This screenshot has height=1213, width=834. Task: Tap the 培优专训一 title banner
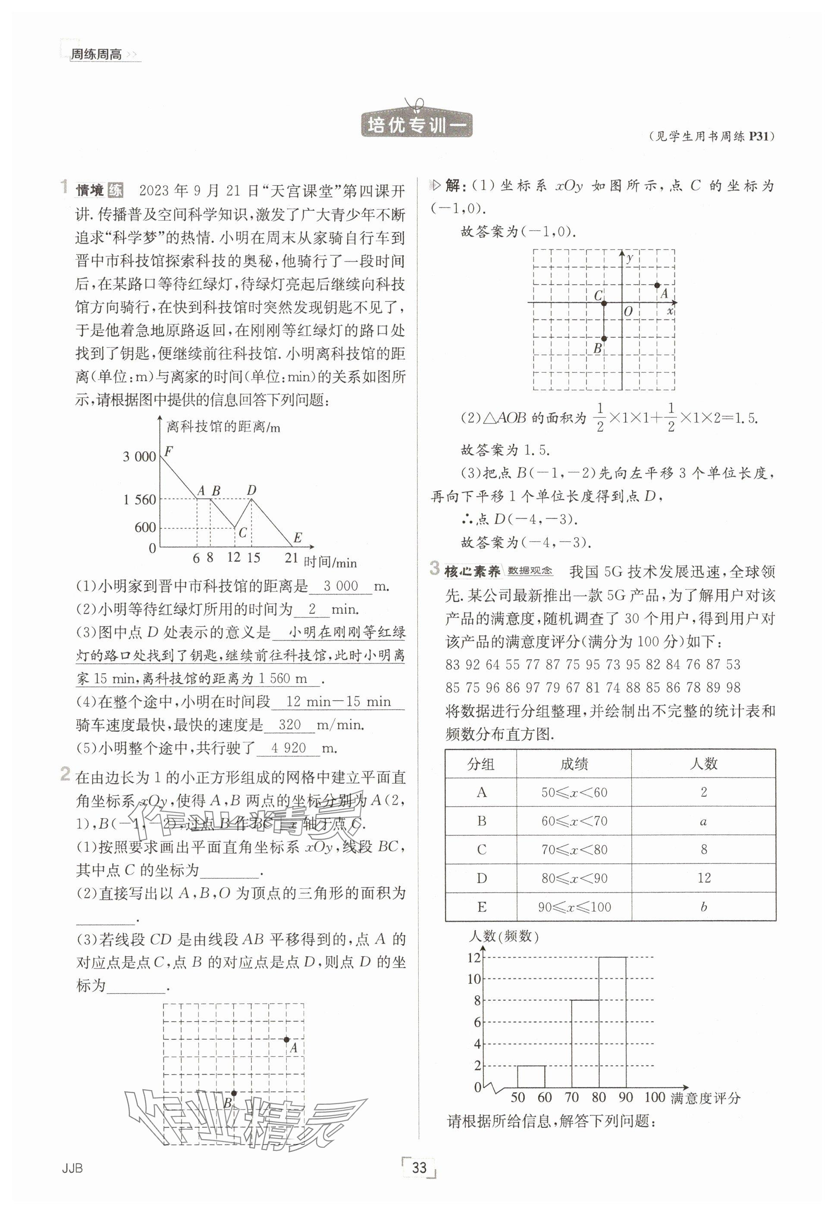(417, 125)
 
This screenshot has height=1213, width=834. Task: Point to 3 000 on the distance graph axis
(139, 457)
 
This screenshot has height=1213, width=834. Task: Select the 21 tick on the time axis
(291, 558)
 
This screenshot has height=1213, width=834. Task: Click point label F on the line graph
(168, 450)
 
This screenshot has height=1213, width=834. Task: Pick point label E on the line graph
(298, 538)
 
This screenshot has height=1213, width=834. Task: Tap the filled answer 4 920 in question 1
(288, 748)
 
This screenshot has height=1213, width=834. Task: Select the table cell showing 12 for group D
(703, 878)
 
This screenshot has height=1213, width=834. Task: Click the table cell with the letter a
(703, 821)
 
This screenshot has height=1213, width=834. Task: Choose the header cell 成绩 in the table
(574, 764)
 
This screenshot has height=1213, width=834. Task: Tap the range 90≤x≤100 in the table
(574, 907)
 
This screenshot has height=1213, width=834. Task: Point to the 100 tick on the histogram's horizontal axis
(654, 1097)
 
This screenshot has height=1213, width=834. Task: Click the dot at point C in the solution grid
(604, 303)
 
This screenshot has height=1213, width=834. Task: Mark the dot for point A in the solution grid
(657, 285)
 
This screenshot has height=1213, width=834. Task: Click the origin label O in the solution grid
(628, 311)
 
